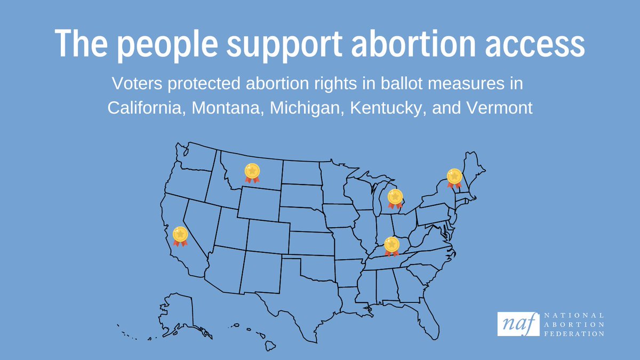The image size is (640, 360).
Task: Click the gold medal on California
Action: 180,235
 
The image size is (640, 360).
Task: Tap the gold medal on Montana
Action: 252,172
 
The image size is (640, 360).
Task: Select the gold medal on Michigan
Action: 395,197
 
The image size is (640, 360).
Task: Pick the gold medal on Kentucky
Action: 391,245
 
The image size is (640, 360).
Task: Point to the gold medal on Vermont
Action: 454,177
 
